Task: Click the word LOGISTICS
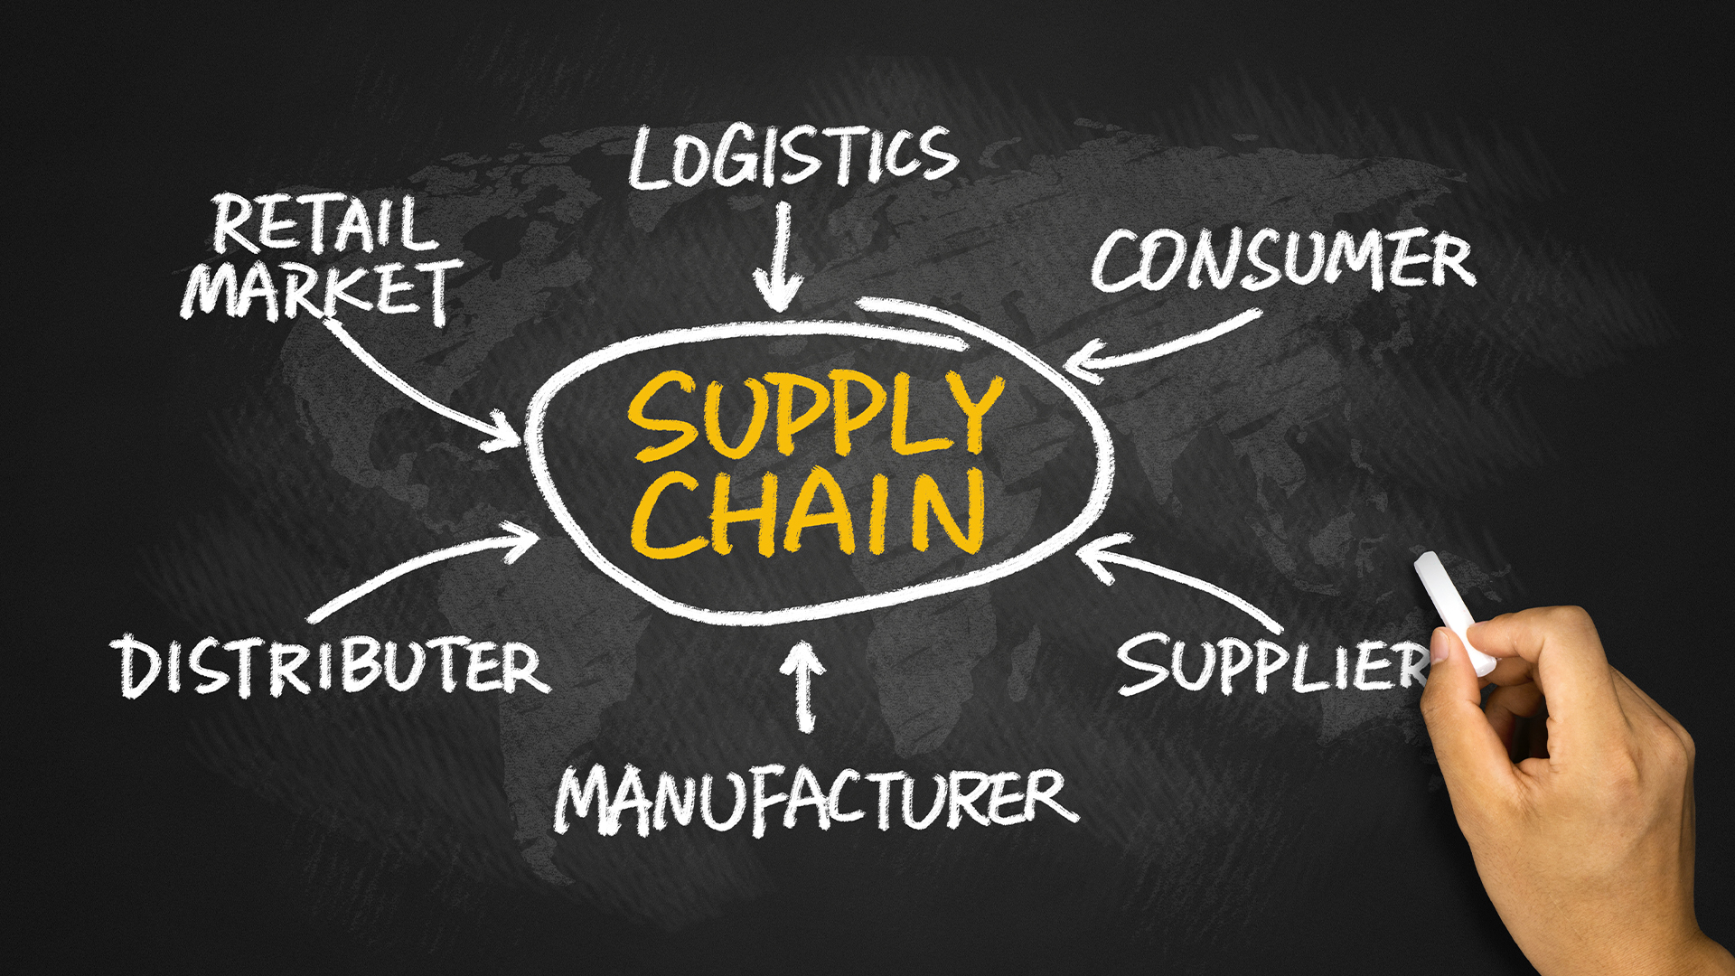coord(792,157)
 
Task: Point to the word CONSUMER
coord(1283,260)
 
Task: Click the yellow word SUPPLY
coord(816,416)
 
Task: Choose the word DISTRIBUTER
coord(331,667)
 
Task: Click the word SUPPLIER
coord(1274,664)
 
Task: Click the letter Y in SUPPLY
coord(971,414)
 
